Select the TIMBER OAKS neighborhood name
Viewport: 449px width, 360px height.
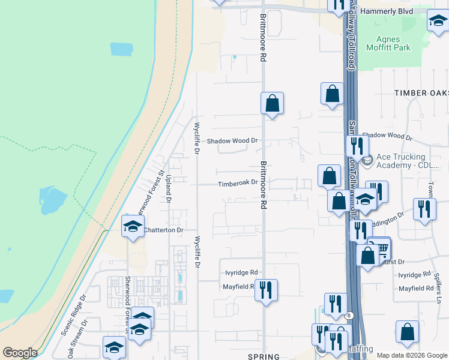coord(421,93)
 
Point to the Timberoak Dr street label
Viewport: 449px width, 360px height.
coord(237,183)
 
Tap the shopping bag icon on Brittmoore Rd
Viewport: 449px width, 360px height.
coord(272,103)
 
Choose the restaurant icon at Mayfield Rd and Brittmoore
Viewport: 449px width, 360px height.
coord(265,290)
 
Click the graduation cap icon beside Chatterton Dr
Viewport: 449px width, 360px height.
coord(133,226)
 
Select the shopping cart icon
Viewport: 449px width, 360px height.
coord(379,248)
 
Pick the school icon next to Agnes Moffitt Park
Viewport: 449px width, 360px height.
coord(438,21)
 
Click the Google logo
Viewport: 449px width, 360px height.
coord(20,353)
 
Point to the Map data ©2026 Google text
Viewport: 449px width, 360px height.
coord(412,355)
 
